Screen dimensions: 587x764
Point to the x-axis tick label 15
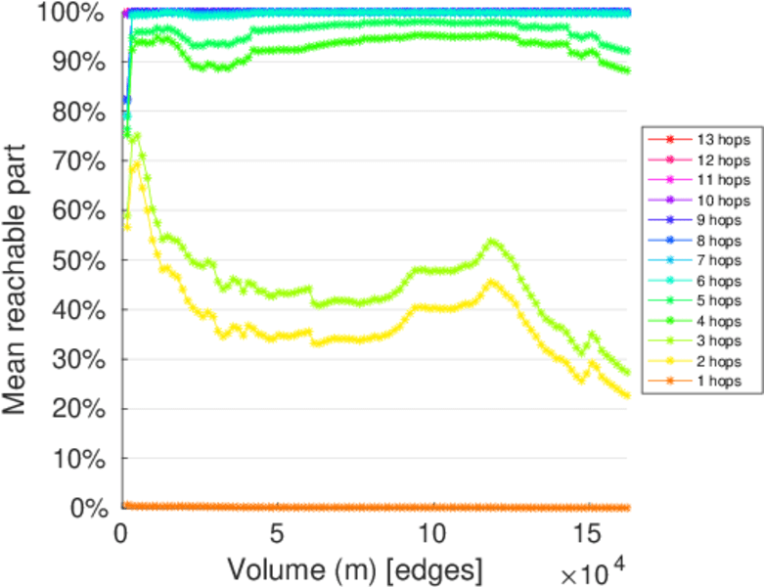tap(587, 535)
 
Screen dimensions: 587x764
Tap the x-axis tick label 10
tap(431, 535)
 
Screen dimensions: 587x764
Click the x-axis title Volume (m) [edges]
tap(354, 568)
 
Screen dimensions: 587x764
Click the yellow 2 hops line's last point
tap(626, 395)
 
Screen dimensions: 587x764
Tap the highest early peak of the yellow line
tap(136, 164)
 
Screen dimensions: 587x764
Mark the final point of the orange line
tap(626, 507)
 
